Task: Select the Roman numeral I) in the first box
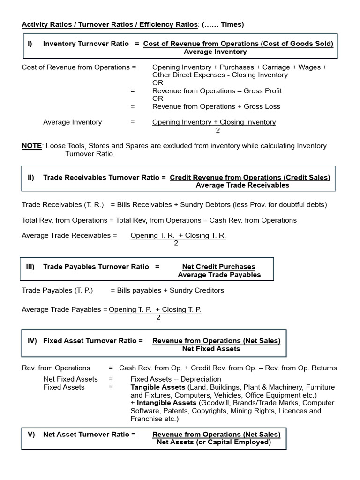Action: click(30, 44)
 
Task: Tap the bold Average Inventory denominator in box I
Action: click(215, 52)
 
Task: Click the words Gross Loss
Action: click(262, 106)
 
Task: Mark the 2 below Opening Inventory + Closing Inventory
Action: click(217, 130)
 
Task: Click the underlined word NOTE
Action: click(31, 146)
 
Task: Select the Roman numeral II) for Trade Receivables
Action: click(31, 177)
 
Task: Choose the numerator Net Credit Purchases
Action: click(219, 267)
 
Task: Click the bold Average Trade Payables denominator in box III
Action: click(219, 275)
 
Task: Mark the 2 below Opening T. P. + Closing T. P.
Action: click(158, 318)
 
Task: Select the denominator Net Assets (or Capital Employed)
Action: click(214, 442)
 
